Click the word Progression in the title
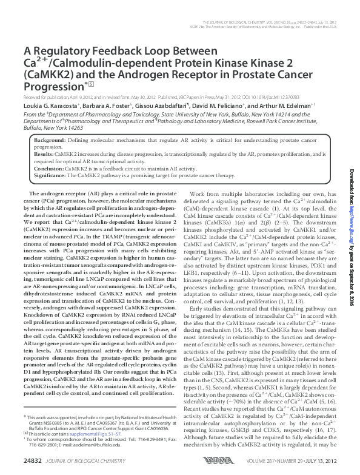[x=52, y=86]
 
